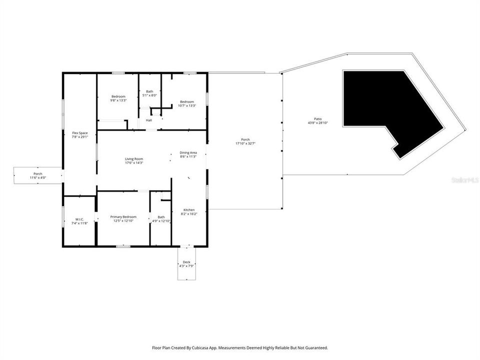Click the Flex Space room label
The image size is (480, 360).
click(x=80, y=133)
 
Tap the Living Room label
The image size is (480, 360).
click(x=134, y=159)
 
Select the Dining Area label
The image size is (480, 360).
click(x=188, y=152)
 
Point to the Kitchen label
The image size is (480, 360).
click(x=188, y=210)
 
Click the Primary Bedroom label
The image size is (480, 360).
click(x=123, y=217)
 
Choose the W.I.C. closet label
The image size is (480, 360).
click(x=79, y=219)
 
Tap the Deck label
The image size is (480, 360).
click(x=186, y=262)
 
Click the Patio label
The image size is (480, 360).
click(x=318, y=119)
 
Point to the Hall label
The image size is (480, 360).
click(x=149, y=120)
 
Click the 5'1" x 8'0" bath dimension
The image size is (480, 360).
click(x=149, y=95)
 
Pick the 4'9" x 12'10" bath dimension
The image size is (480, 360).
click(x=161, y=221)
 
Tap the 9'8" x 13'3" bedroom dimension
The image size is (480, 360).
click(x=118, y=100)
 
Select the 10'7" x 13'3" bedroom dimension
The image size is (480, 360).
click(x=187, y=105)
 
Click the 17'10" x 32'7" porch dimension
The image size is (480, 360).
click(x=245, y=143)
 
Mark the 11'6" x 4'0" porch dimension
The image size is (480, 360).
click(x=38, y=177)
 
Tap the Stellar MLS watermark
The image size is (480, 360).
click(x=464, y=179)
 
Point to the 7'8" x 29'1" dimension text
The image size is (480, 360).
click(x=80, y=137)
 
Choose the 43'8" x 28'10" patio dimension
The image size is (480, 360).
click(x=318, y=123)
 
